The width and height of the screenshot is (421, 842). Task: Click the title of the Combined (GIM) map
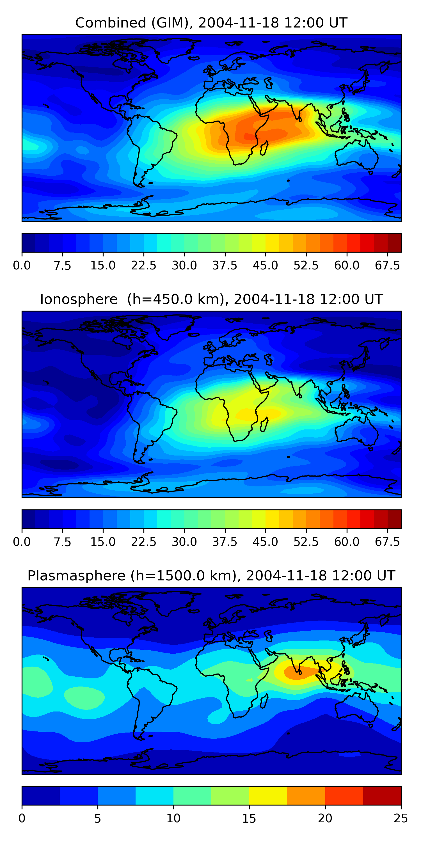click(x=211, y=23)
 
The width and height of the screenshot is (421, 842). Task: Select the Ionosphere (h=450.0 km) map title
click(x=211, y=299)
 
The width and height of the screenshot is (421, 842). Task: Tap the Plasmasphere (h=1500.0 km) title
click(x=211, y=576)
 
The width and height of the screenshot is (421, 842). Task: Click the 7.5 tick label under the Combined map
click(x=62, y=266)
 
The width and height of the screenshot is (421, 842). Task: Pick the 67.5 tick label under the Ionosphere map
click(x=387, y=542)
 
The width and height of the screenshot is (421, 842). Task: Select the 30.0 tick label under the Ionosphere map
click(x=184, y=542)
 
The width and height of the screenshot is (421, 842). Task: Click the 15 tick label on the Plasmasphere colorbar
click(x=249, y=818)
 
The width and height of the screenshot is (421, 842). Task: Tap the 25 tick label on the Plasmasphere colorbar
click(x=401, y=818)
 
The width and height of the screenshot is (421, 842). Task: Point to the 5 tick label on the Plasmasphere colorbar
click(x=97, y=818)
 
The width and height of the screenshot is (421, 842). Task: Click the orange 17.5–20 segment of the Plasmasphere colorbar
click(x=306, y=796)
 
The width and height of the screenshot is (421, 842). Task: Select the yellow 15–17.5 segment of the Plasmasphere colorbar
click(x=268, y=796)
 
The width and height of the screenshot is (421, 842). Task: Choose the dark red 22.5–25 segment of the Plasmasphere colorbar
click(x=382, y=796)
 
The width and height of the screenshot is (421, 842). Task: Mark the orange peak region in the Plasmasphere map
click(x=296, y=673)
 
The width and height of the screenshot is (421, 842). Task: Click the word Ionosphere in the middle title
click(x=79, y=299)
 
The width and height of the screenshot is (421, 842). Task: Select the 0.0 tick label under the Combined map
click(x=22, y=266)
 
